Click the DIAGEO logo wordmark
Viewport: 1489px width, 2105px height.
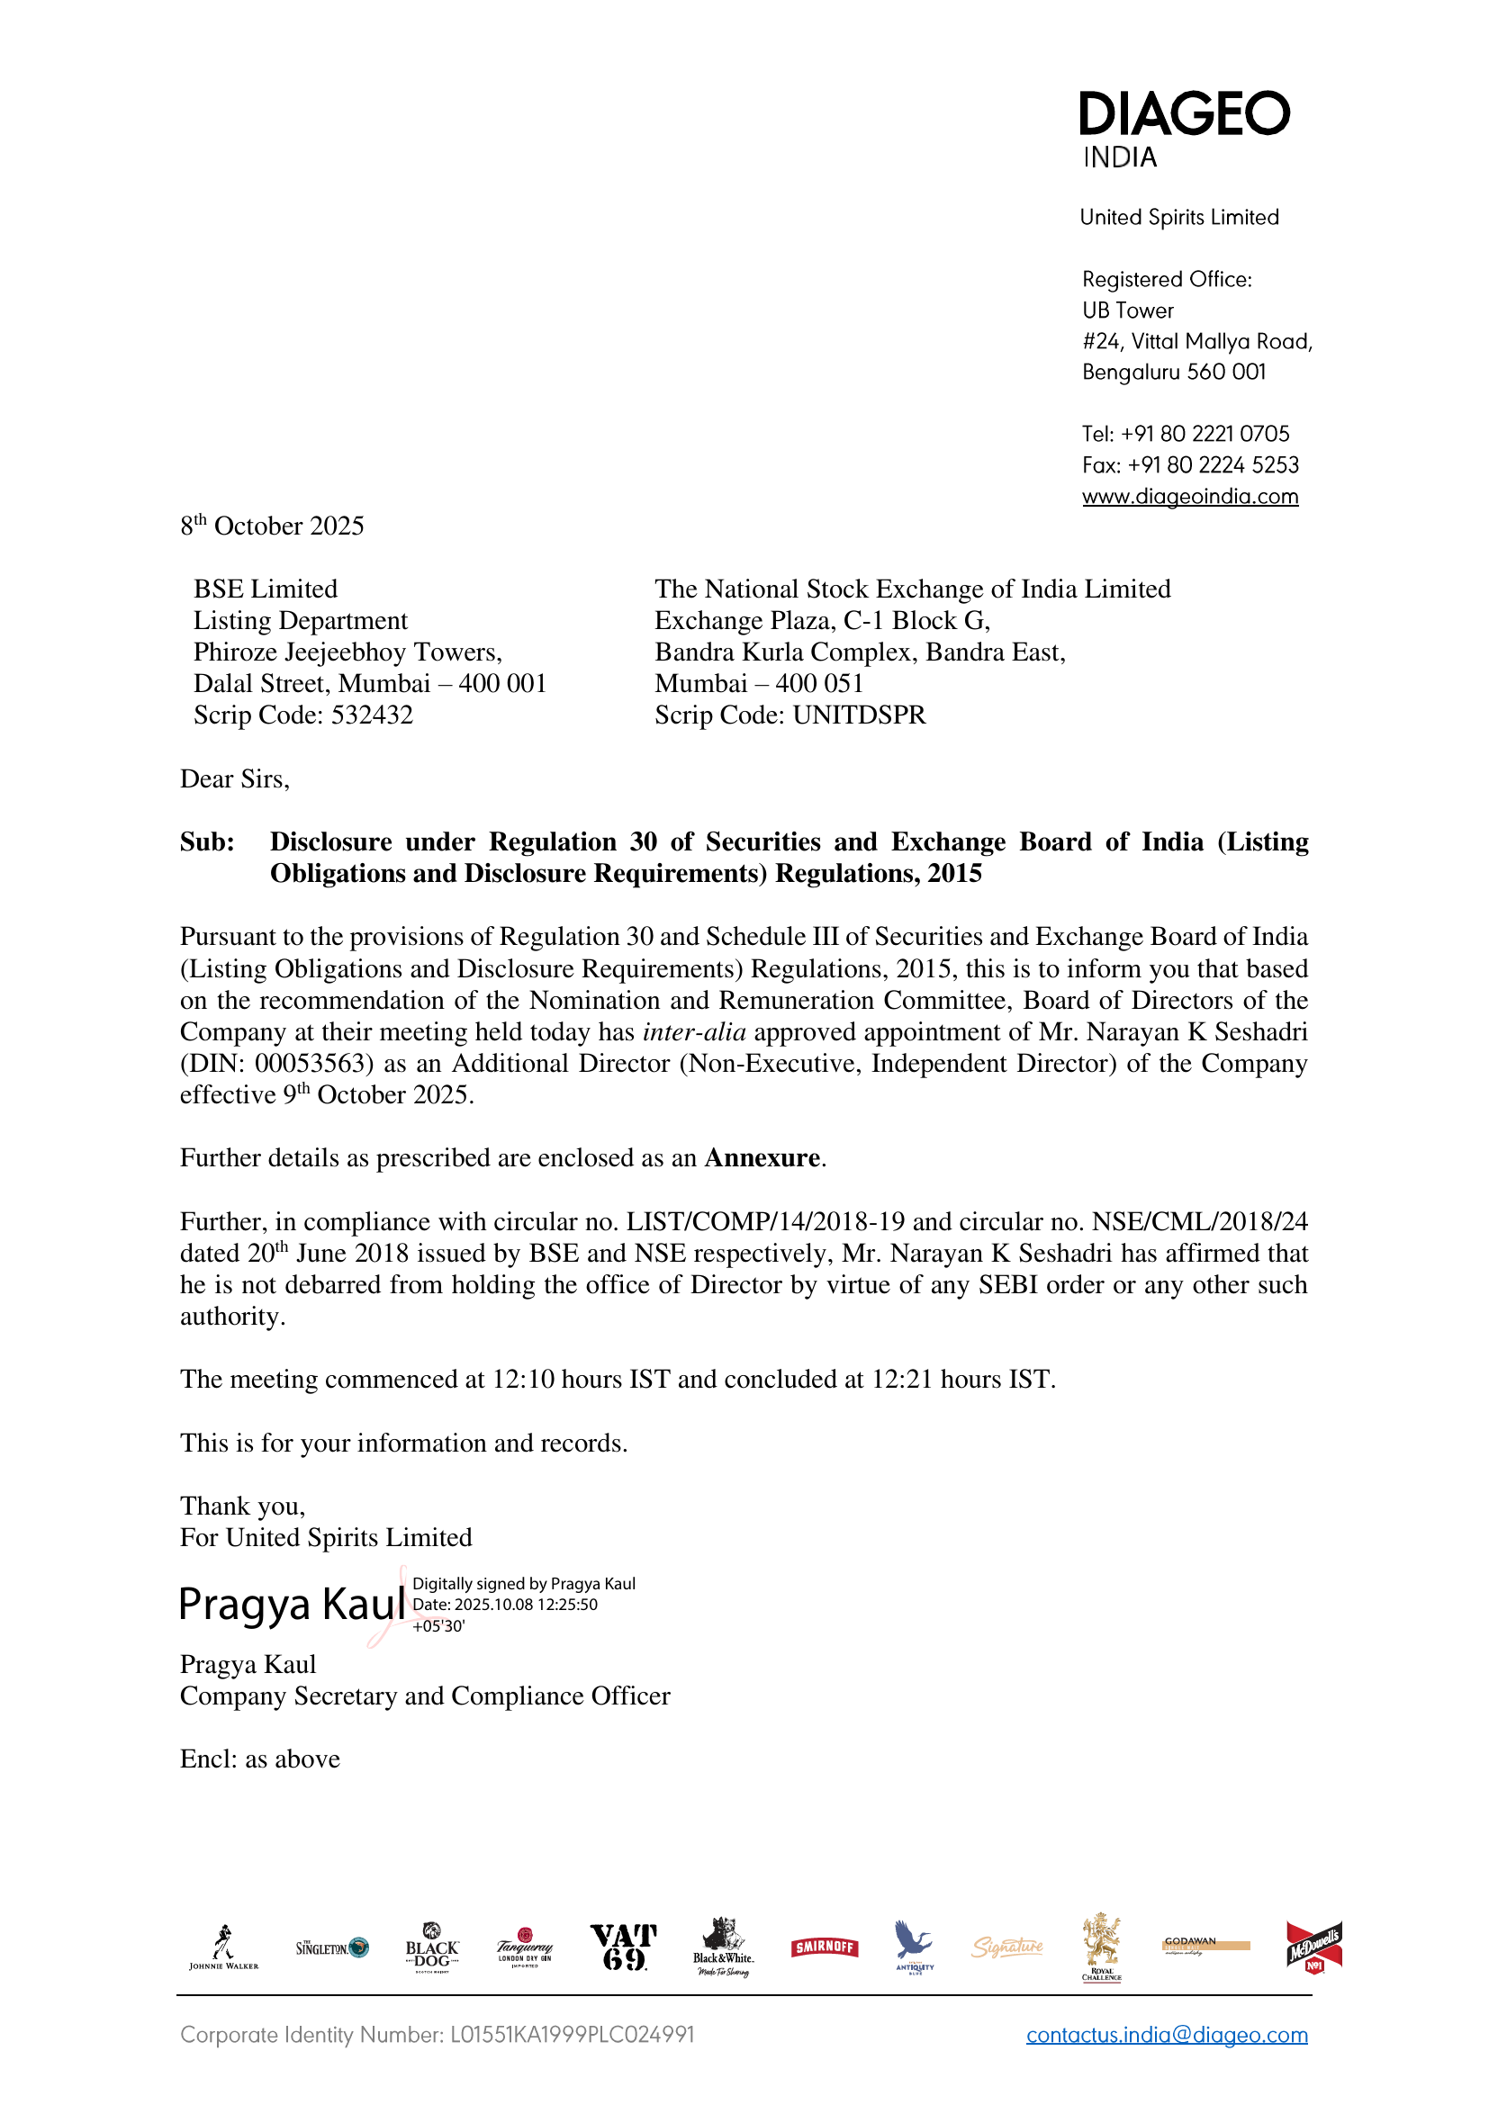(1184, 113)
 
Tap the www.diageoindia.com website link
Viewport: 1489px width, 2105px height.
(1189, 497)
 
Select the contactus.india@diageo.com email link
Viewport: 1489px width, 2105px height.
(1166, 2036)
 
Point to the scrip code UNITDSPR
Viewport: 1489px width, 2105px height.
(859, 715)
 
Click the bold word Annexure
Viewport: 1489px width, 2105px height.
(761, 1158)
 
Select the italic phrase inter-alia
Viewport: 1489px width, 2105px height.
(694, 1032)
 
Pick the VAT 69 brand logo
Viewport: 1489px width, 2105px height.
(624, 1947)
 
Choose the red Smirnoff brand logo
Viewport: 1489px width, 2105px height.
(825, 1947)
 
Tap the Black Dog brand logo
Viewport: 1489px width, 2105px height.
(432, 1948)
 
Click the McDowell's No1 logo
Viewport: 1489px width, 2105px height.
(1313, 1947)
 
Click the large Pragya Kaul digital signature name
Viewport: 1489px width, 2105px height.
(292, 1605)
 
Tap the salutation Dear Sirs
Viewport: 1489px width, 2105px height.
(235, 779)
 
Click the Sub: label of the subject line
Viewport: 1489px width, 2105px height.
(207, 842)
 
